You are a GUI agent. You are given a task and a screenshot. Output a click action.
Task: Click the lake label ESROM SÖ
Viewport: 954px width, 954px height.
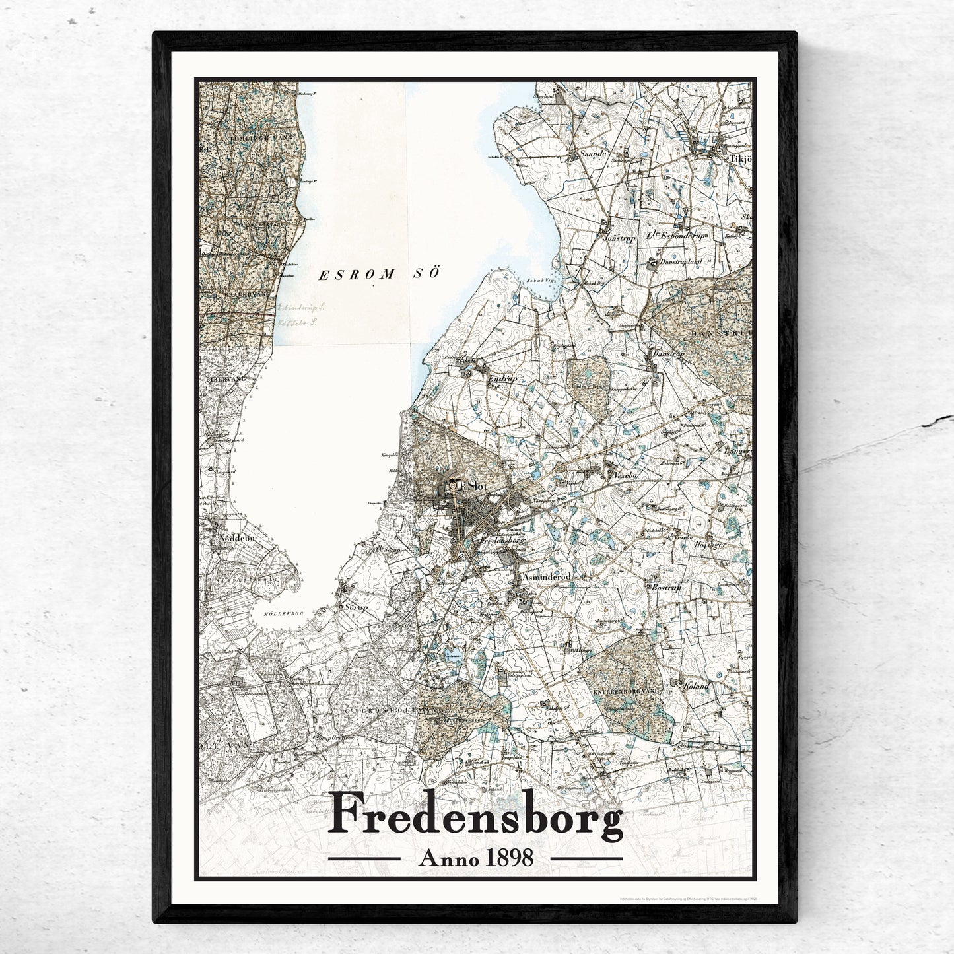tap(378, 275)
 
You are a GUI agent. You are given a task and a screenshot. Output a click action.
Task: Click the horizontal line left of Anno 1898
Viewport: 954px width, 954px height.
tap(364, 859)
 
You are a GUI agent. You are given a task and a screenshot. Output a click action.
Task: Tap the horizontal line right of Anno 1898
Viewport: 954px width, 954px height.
tap(586, 859)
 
